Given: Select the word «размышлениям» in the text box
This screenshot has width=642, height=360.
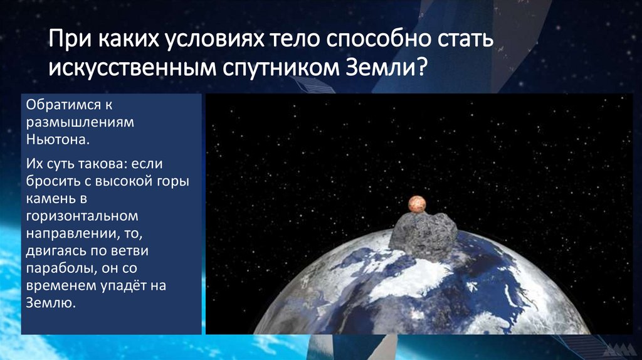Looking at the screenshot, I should coord(71,122).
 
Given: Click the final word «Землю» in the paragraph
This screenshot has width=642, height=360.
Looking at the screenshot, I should coord(50,304).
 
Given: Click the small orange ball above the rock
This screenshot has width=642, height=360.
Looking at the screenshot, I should coord(417,203).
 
